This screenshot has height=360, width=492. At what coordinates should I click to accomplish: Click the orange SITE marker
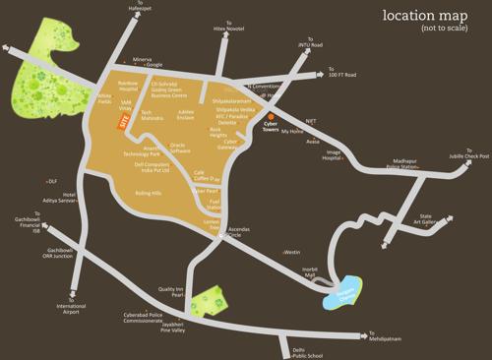click(123, 122)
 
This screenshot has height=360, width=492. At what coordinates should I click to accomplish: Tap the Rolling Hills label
click(148, 194)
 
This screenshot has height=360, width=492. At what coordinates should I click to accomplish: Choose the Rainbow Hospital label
click(128, 87)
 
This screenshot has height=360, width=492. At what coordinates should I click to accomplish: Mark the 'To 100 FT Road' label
click(344, 74)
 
